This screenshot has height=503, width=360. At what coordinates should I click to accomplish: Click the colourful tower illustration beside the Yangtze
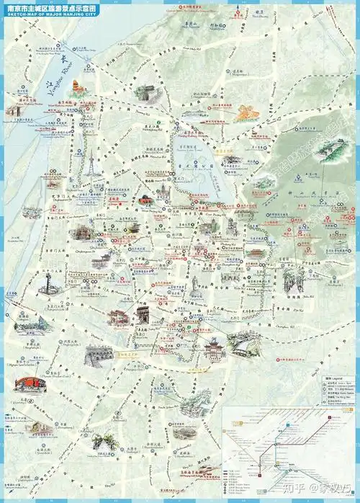tap(77, 92)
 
